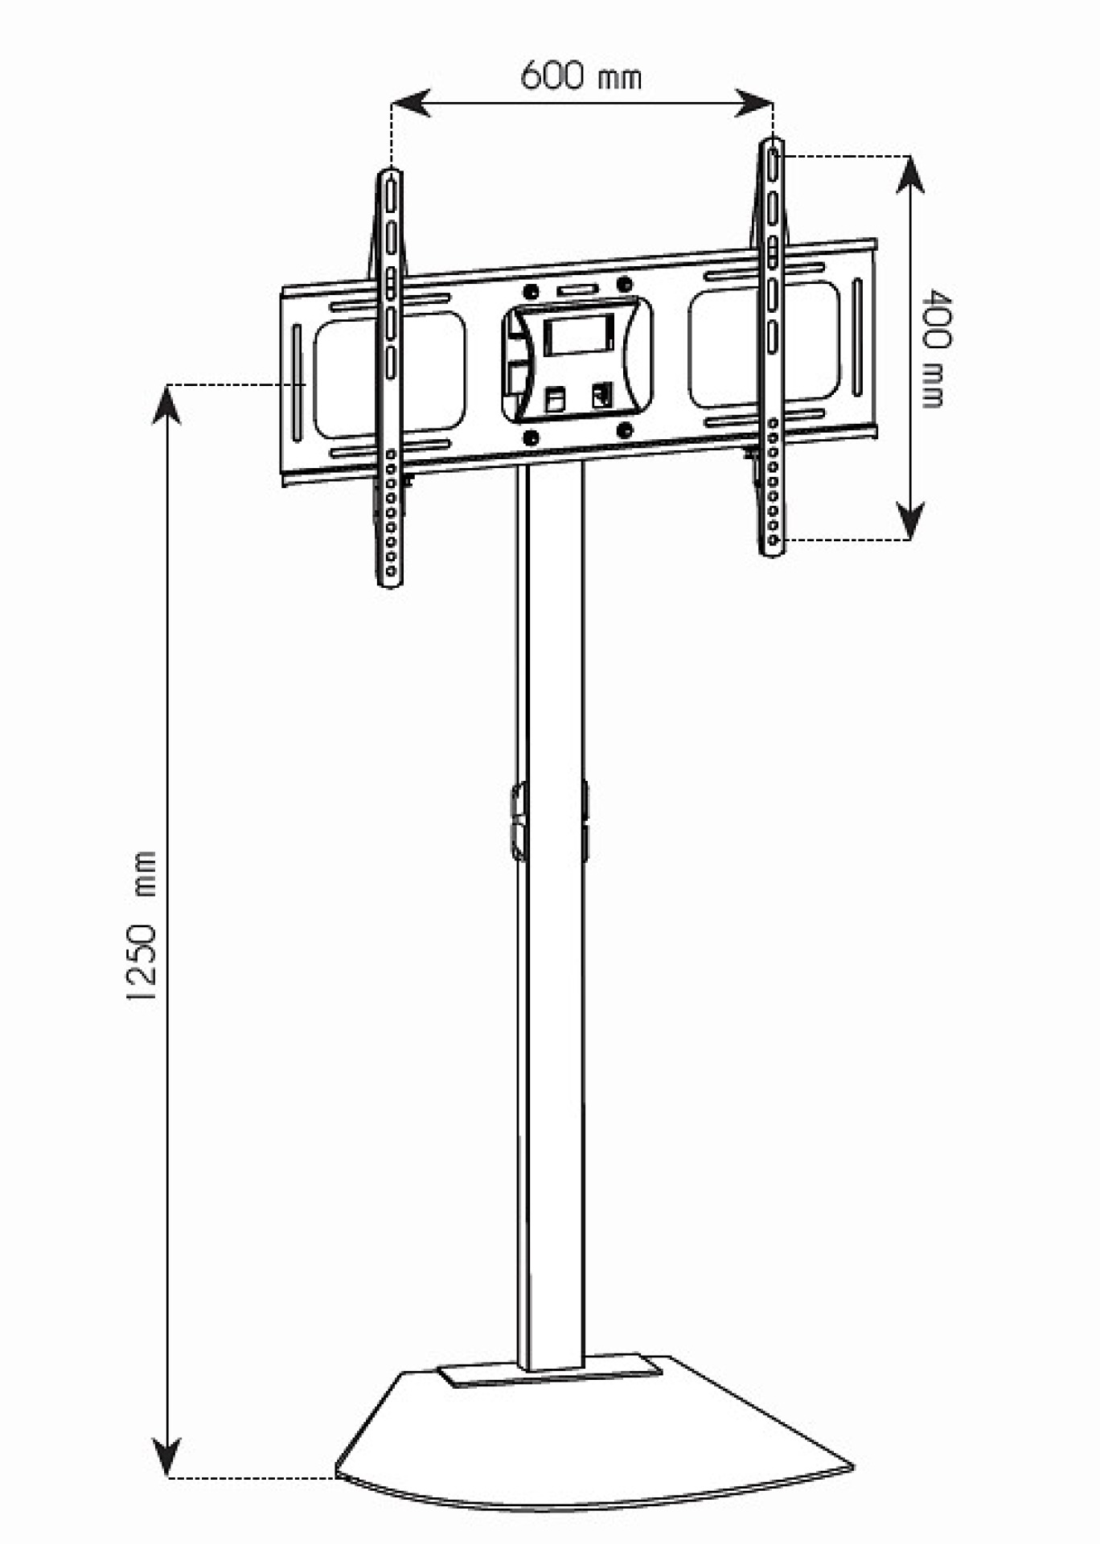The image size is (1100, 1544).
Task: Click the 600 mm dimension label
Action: point(581,76)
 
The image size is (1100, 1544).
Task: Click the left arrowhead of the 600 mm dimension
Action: point(410,104)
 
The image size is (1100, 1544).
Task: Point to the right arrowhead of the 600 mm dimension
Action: point(754,104)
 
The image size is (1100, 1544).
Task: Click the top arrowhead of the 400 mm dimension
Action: point(909,174)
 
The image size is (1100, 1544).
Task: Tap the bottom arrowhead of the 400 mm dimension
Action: point(909,521)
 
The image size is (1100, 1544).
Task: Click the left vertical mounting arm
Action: point(390,378)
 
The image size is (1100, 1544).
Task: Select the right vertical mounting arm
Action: point(772,346)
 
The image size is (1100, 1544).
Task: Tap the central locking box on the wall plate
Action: point(577,360)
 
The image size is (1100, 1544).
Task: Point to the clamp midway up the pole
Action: point(519,822)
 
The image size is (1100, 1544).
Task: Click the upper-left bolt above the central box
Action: point(530,290)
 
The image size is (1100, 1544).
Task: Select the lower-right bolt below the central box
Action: point(624,432)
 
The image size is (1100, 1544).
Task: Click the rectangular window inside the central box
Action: point(578,335)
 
